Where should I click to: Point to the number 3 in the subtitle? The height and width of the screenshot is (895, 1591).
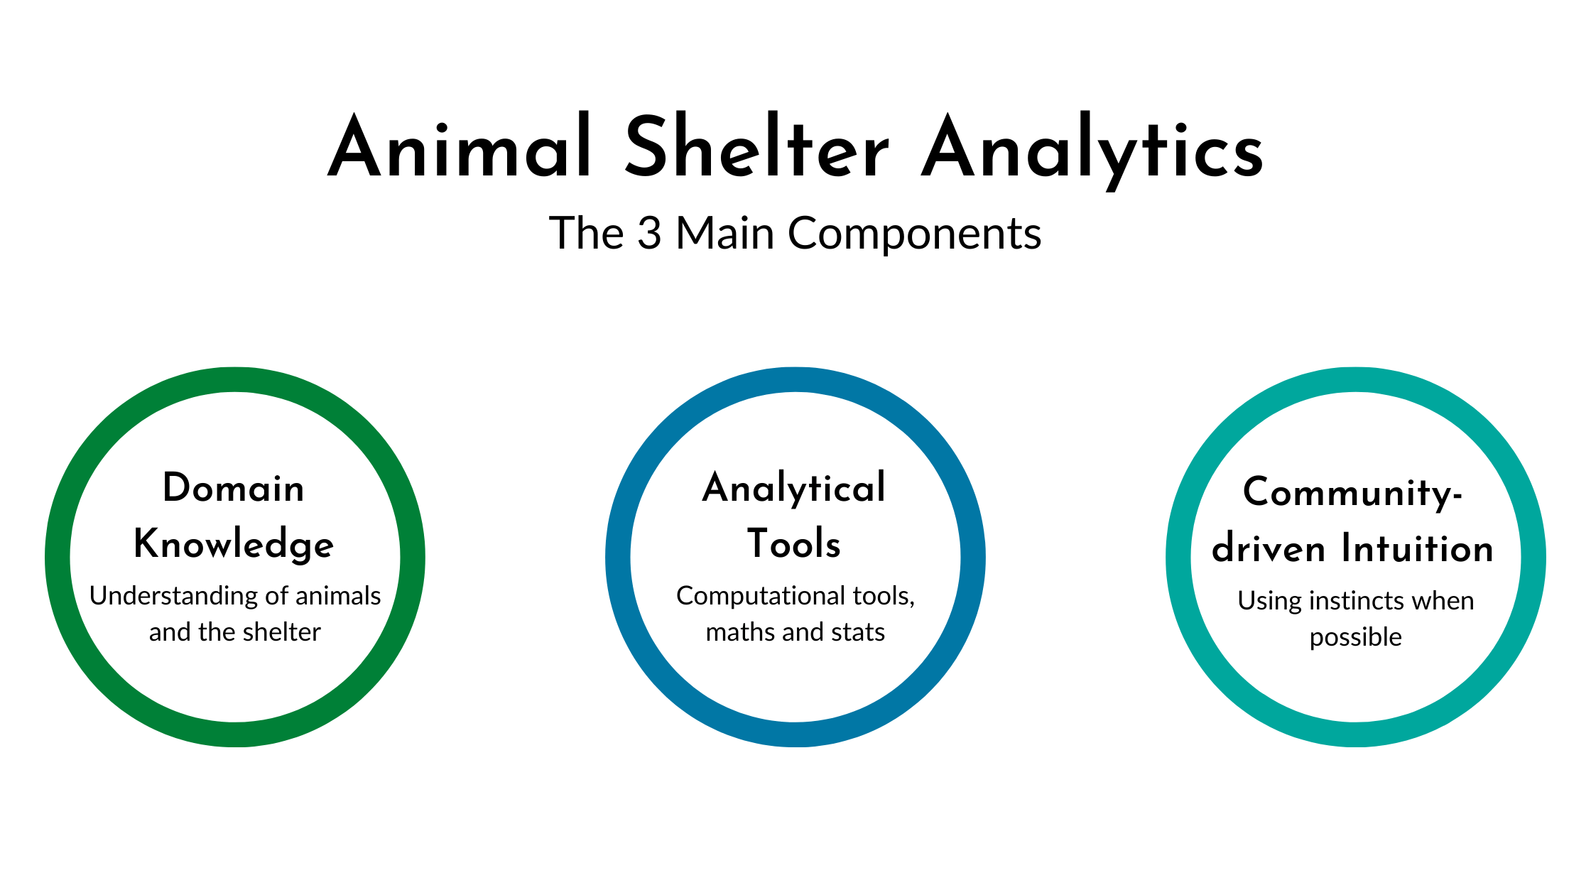pyautogui.click(x=648, y=233)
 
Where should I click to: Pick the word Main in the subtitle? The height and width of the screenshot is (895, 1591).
pyautogui.click(x=724, y=233)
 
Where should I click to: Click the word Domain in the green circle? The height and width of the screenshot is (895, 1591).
pyautogui.click(x=234, y=488)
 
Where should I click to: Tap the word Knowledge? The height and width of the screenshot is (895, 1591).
pyautogui.click(x=234, y=545)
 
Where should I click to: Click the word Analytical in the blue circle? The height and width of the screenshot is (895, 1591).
pyautogui.click(x=794, y=488)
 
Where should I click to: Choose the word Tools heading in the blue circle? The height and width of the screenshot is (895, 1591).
pyautogui.click(x=794, y=544)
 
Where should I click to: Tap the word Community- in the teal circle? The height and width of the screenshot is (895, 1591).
pyautogui.click(x=1352, y=493)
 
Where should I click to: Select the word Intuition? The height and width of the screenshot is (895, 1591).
pyautogui.click(x=1417, y=549)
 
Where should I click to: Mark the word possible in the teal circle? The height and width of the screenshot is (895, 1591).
pyautogui.click(x=1355, y=638)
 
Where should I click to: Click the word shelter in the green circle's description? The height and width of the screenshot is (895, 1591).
pyautogui.click(x=281, y=632)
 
